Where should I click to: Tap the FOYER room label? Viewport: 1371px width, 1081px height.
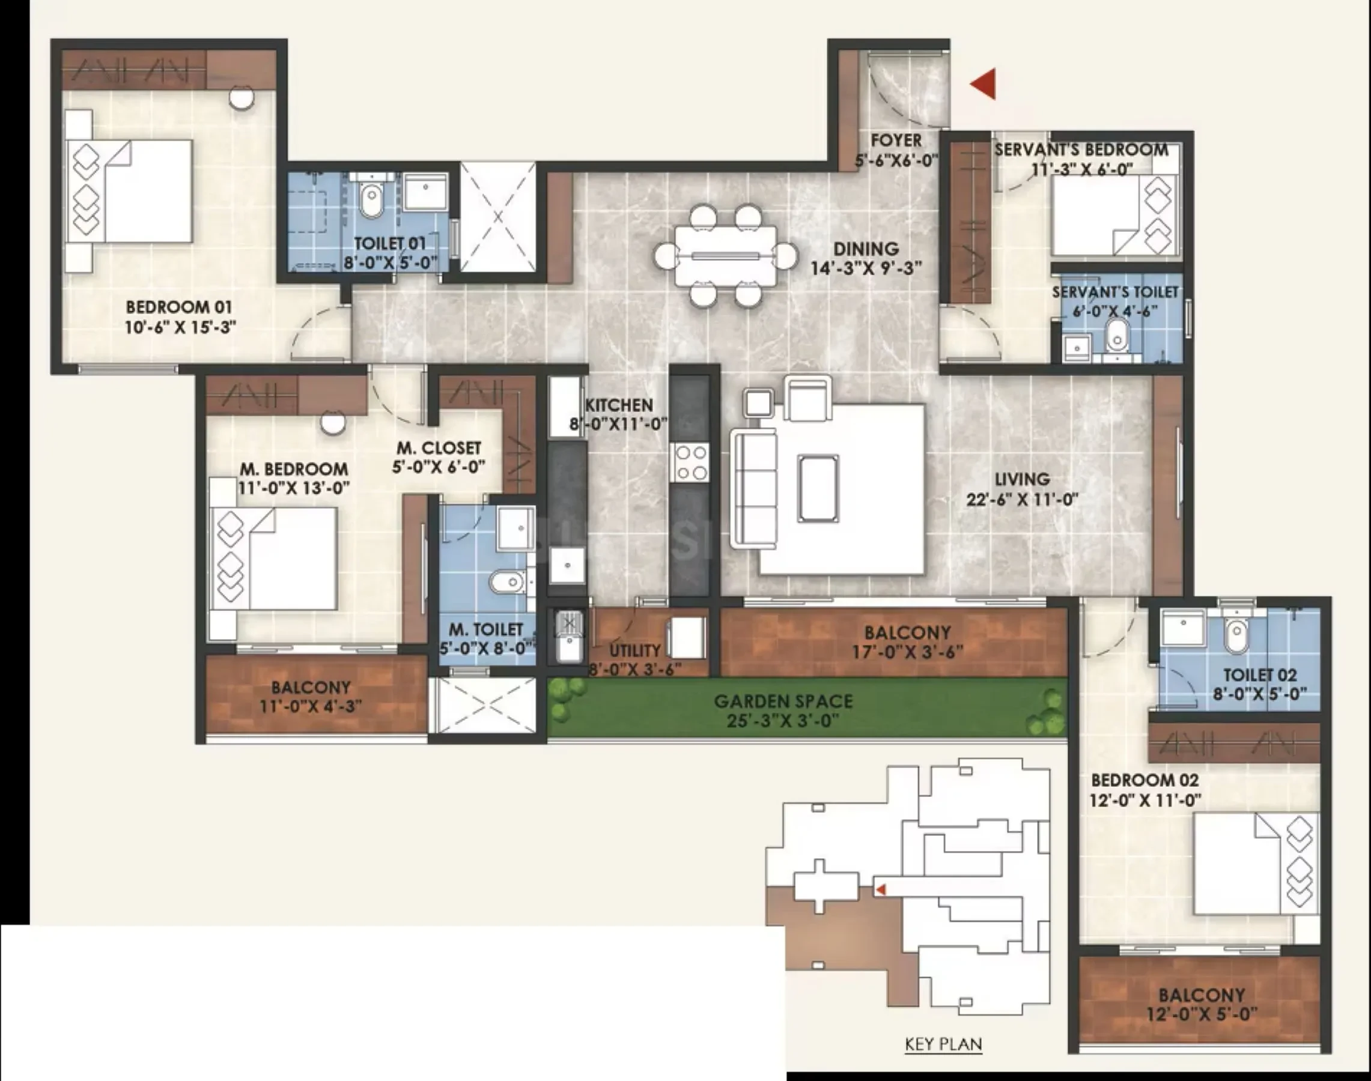pyautogui.click(x=896, y=140)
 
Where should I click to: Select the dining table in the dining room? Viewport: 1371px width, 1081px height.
pyautogui.click(x=726, y=256)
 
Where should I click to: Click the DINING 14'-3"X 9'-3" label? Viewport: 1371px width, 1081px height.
pyautogui.click(x=866, y=258)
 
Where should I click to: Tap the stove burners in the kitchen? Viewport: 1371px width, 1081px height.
pyautogui.click(x=691, y=462)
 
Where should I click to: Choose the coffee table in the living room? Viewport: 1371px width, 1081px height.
pyautogui.click(x=818, y=489)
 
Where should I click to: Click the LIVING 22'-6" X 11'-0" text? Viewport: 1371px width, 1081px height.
pyautogui.click(x=1021, y=489)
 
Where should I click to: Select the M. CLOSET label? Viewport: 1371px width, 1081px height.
pyautogui.click(x=439, y=447)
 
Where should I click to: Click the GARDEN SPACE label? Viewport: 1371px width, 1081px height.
pyautogui.click(x=783, y=701)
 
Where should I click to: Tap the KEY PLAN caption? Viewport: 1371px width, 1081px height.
pyautogui.click(x=944, y=1044)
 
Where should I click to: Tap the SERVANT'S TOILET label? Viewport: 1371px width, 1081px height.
pyautogui.click(x=1115, y=292)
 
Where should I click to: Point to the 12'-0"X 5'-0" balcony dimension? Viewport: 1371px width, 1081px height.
pyautogui.click(x=1202, y=1014)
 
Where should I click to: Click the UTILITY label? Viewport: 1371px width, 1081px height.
pyautogui.click(x=635, y=650)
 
